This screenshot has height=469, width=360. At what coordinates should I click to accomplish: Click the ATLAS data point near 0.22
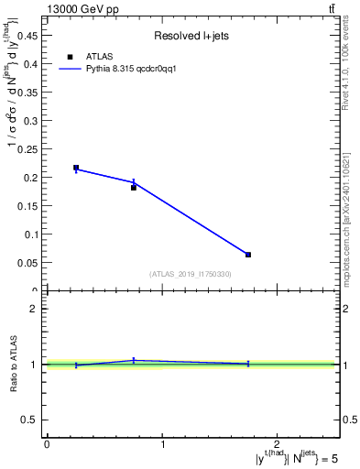[x=76, y=168]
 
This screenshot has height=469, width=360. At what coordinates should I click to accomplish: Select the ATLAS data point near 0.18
[x=134, y=187]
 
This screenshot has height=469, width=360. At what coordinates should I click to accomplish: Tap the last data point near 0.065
[x=248, y=255]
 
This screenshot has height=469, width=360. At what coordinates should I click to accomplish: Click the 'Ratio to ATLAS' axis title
[x=14, y=365]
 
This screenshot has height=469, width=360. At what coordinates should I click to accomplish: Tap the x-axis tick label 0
[x=47, y=443]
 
